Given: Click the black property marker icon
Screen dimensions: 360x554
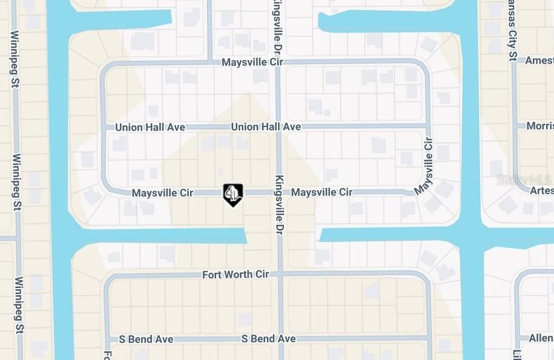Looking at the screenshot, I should pyautogui.click(x=233, y=194).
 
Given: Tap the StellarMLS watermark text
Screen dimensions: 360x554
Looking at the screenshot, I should pyautogui.click(x=524, y=180).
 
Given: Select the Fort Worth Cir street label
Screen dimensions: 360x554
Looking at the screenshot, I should pyautogui.click(x=236, y=275).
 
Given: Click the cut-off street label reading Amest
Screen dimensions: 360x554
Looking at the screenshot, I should pyautogui.click(x=539, y=61).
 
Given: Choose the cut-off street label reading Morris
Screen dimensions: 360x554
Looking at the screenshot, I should pyautogui.click(x=539, y=126).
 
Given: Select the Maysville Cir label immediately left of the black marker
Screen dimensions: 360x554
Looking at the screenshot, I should pyautogui.click(x=162, y=193).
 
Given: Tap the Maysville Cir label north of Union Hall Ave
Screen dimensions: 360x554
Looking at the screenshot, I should pyautogui.click(x=252, y=62).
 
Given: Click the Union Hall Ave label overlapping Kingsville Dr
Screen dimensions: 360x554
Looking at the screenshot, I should pyautogui.click(x=266, y=127).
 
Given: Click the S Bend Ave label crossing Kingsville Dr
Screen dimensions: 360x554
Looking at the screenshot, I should pyautogui.click(x=268, y=339).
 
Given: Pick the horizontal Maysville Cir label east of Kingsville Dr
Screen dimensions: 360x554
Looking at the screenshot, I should pyautogui.click(x=322, y=192).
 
